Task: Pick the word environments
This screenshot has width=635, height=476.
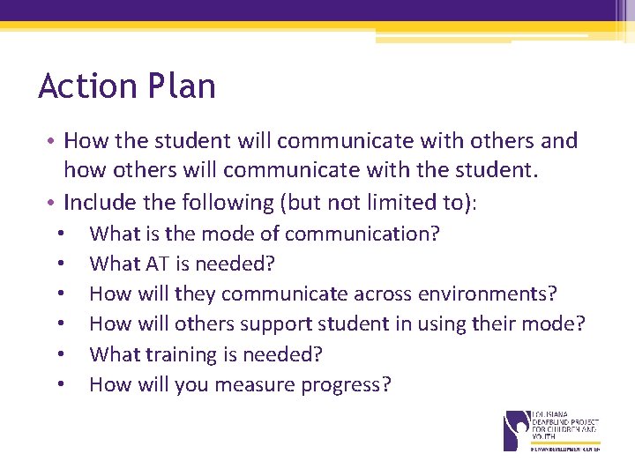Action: coord(501,294)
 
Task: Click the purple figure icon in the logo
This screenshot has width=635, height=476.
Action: coord(515,429)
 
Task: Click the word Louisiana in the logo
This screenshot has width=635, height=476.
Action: coord(552,413)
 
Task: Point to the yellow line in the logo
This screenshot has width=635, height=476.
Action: coord(564,442)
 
